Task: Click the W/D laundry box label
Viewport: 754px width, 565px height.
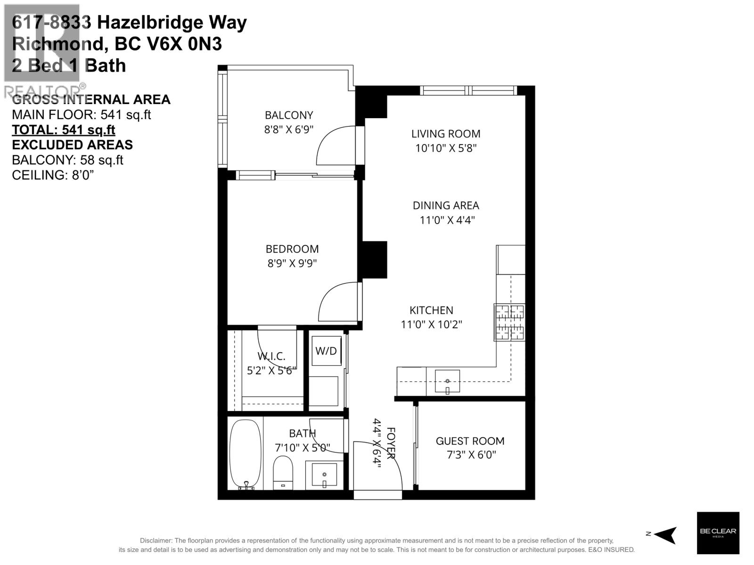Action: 326,351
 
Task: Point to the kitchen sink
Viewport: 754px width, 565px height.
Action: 447,381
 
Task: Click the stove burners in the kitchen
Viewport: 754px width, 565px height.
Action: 509,322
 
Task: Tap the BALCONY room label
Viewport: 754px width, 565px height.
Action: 289,115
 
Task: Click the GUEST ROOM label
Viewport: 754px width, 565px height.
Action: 470,441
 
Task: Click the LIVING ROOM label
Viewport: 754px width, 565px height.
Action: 446,134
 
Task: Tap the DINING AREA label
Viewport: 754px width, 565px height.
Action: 446,205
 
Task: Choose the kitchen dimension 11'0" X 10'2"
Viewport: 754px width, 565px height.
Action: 431,324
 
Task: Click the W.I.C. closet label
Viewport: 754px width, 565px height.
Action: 271,357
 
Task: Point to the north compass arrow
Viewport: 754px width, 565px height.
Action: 665,535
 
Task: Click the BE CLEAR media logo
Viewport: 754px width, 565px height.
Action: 718,533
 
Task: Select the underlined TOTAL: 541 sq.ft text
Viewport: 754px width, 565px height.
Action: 63,129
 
